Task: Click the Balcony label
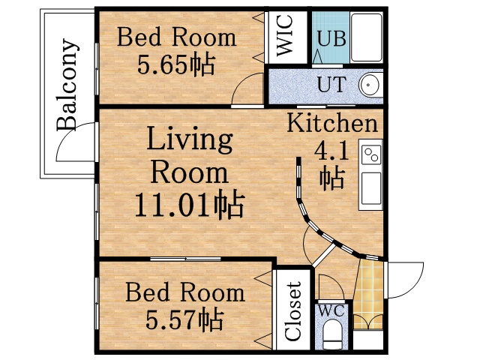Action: pos(68,85)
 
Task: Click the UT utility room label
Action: pos(331,84)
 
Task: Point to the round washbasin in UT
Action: pos(370,85)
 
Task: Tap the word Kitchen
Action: pos(331,124)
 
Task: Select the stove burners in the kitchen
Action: pos(370,155)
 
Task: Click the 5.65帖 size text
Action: pos(175,64)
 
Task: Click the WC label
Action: pos(329,308)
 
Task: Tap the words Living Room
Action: pos(189,156)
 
